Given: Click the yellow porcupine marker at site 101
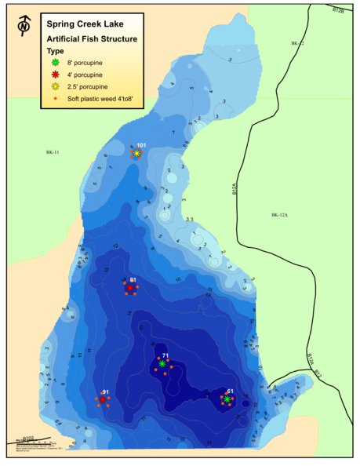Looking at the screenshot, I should pos(136,154).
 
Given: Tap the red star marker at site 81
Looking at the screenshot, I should pos(129,288).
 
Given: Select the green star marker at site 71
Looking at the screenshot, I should pos(162,364).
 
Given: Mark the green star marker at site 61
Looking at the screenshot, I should pos(227,399).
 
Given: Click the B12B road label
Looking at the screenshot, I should pos(338,9).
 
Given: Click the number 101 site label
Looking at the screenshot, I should pos(141,146).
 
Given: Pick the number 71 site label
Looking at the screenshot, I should pos(165,355).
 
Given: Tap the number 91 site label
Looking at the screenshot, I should pos(106,391).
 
